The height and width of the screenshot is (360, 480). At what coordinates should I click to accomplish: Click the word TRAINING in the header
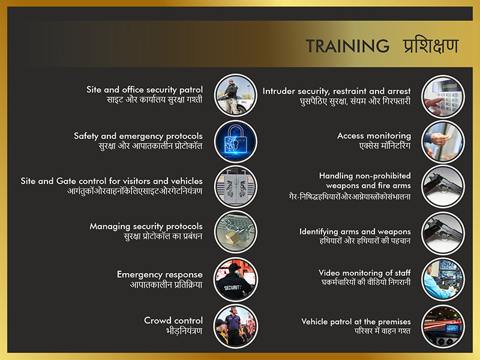[x=347, y=46]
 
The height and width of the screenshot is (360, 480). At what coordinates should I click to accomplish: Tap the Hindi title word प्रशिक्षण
[x=431, y=46]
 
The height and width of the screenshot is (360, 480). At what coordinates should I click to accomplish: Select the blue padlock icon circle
[x=236, y=142]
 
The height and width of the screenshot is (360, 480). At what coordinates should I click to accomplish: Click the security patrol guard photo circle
[x=236, y=95]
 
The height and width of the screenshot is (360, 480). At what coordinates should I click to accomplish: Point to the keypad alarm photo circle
[x=443, y=97]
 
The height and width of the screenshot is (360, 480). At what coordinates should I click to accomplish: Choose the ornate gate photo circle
[x=236, y=187]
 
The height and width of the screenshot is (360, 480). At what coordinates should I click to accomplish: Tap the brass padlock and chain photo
[x=236, y=232]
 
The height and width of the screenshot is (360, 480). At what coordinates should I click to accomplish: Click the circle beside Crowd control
[x=236, y=326]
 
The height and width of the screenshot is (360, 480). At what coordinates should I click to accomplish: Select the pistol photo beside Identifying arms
[x=443, y=233]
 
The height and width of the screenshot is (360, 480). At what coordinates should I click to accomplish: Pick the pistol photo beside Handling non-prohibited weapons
[x=443, y=187]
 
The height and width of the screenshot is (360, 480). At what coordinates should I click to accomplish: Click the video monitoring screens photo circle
[x=443, y=280]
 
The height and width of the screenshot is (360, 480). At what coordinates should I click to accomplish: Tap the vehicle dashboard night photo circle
[x=443, y=326]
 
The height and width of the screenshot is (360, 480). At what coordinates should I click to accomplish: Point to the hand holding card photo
[x=443, y=142]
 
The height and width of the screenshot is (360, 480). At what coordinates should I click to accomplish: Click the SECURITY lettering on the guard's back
[x=233, y=288]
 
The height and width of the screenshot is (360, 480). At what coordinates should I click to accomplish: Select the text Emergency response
[x=160, y=275]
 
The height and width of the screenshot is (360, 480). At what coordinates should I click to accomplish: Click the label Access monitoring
[x=374, y=136]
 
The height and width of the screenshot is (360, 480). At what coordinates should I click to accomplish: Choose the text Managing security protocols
[x=146, y=227]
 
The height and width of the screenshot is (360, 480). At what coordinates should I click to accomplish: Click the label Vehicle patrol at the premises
[x=356, y=322]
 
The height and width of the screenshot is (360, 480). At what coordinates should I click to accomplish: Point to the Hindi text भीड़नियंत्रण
[x=184, y=331]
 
